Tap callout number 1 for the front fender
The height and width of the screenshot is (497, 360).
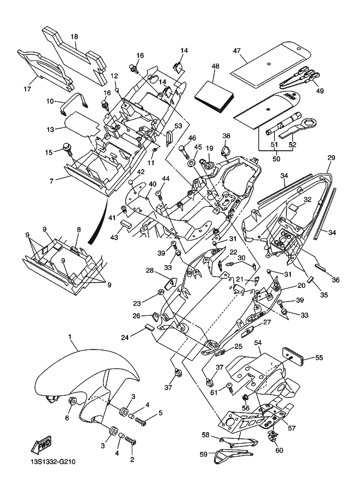pos(70,338)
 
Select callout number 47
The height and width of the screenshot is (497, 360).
pos(237,50)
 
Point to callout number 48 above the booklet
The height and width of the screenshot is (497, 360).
pos(216,66)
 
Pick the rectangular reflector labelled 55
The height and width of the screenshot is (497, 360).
pos(295,354)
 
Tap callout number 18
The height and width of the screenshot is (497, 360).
pos(75,36)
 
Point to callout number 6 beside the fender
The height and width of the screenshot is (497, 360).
pos(68,418)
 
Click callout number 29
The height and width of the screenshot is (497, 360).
pos(330,157)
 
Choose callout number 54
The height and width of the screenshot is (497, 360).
pos(258,342)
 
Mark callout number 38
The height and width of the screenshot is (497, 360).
pos(226,136)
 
